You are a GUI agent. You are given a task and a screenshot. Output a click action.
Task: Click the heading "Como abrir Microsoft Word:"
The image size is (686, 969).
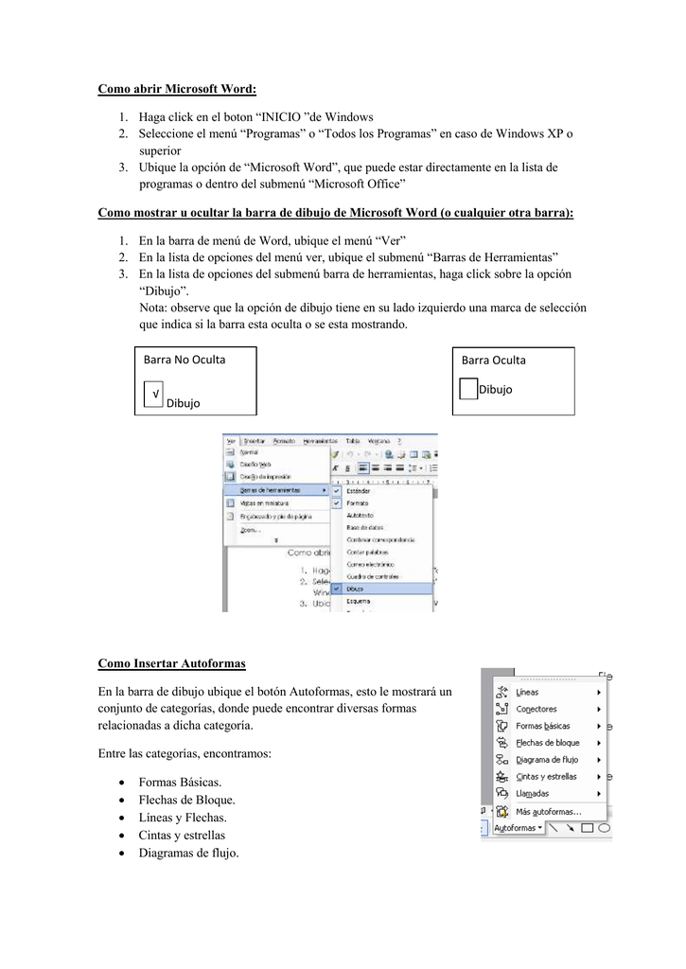click(x=177, y=90)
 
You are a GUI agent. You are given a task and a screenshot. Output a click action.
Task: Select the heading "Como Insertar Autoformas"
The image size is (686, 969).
click(x=172, y=665)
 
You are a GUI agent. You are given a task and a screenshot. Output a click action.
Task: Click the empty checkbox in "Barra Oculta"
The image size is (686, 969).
click(x=467, y=389)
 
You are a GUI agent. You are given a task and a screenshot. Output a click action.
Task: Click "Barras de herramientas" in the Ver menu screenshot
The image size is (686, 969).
click(x=271, y=490)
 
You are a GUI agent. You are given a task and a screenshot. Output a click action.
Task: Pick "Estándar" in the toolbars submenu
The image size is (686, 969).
click(x=359, y=491)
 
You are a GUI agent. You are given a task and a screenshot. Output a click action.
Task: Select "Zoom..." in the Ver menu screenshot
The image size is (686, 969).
click(x=250, y=530)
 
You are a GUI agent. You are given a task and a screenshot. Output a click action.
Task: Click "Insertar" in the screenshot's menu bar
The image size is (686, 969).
click(x=254, y=441)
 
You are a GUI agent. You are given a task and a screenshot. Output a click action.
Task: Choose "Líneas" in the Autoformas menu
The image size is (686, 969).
click(x=527, y=692)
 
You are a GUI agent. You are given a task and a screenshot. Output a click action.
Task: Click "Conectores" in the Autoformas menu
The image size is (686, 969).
click(x=536, y=709)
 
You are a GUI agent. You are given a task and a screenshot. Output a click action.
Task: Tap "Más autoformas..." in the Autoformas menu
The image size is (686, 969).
click(x=548, y=811)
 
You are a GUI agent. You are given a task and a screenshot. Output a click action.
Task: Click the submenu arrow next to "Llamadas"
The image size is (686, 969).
click(x=599, y=794)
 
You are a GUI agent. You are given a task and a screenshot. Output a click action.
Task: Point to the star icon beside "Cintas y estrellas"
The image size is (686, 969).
click(x=501, y=777)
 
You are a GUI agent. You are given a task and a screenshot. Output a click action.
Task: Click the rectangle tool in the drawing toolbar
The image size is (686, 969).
click(x=587, y=828)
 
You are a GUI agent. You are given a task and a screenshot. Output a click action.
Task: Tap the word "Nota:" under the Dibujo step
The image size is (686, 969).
click(x=154, y=308)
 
